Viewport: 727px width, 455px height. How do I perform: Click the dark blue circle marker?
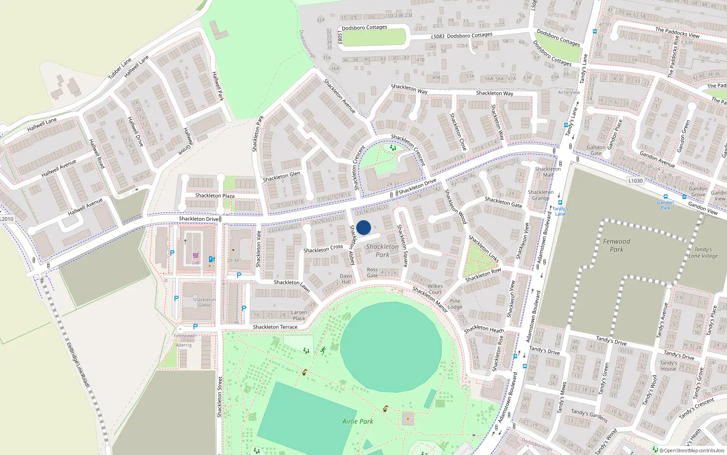[363, 227]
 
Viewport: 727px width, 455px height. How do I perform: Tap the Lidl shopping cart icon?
[195, 256]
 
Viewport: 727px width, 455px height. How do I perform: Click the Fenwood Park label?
[617, 245]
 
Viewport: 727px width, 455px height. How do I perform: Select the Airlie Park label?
[358, 421]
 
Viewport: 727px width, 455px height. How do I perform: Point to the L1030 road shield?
[636, 181]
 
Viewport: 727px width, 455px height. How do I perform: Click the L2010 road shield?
[7, 219]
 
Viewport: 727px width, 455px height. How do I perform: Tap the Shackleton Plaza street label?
[215, 196]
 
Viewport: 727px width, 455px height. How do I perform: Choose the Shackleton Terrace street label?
[275, 327]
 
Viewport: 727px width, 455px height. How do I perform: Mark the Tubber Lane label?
[120, 68]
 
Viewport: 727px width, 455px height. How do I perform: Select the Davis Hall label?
[346, 279]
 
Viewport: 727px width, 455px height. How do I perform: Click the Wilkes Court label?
[435, 289]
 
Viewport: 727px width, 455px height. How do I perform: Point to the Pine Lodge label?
[455, 304]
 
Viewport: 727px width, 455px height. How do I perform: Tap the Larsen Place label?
[299, 315]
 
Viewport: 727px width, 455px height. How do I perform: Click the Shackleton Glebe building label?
[204, 302]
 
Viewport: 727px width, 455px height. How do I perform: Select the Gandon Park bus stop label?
[665, 205]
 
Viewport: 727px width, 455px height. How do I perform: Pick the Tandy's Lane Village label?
[703, 253]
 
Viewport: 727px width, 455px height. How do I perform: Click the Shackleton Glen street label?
[281, 177]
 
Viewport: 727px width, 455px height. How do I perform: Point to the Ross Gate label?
[372, 273]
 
